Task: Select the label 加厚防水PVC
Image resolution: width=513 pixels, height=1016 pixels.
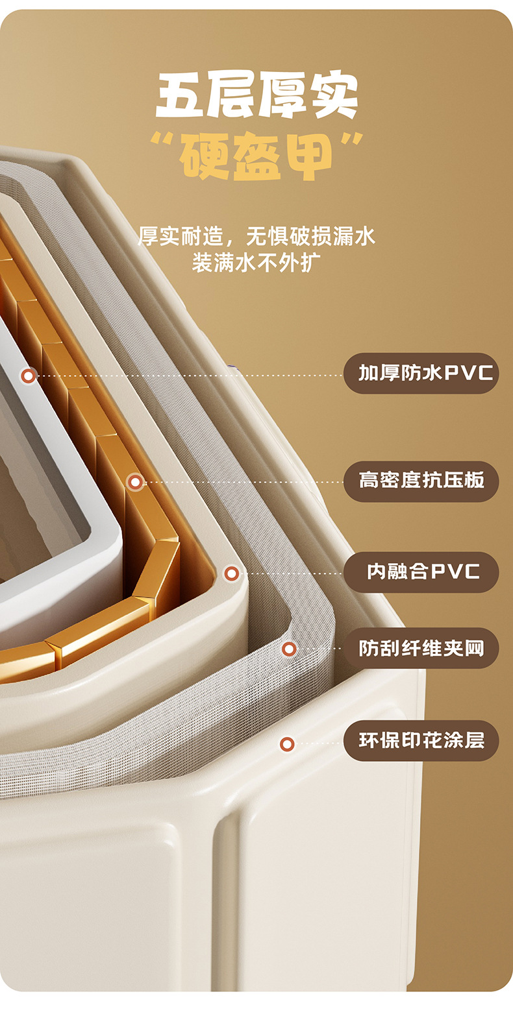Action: (421, 373)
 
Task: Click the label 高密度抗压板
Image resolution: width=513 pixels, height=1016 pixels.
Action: (421, 481)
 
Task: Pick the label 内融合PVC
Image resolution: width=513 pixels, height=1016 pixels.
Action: (421, 572)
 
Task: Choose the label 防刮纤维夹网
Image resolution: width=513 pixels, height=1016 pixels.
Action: (421, 647)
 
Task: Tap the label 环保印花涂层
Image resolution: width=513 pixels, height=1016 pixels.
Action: (421, 740)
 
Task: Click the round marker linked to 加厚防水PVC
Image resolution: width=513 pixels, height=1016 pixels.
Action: (28, 375)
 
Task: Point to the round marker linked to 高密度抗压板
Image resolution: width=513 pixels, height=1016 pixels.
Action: (135, 481)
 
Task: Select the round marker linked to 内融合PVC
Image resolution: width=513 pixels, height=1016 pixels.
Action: (231, 573)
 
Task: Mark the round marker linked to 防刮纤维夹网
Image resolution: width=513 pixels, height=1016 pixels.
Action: (289, 648)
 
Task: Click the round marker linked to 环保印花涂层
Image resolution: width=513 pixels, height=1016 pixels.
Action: (287, 744)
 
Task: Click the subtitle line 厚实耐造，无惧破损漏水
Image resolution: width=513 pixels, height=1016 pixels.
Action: (256, 236)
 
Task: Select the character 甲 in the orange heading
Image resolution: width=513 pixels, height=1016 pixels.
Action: (308, 156)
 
